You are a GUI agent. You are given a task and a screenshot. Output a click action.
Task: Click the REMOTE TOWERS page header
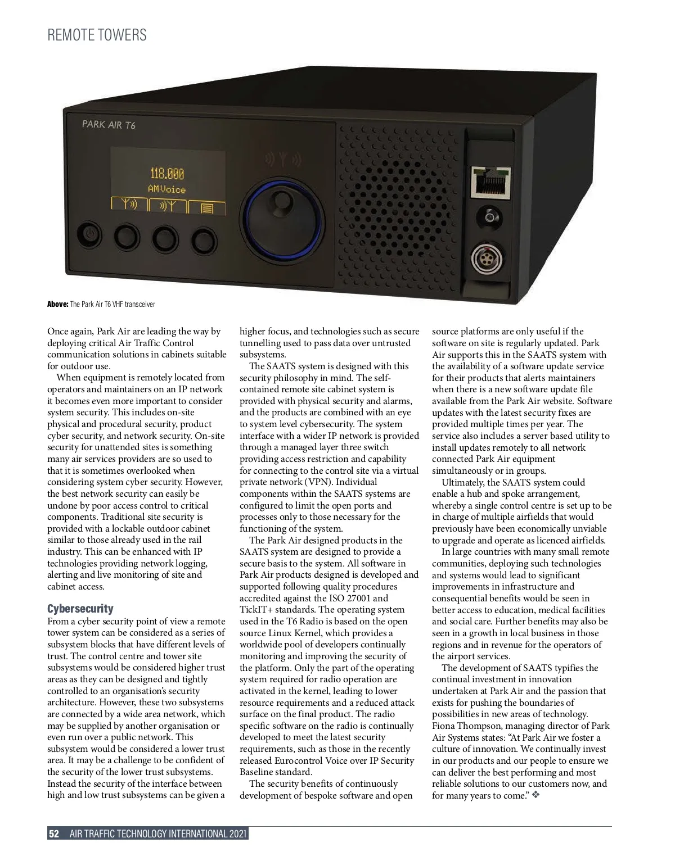97,35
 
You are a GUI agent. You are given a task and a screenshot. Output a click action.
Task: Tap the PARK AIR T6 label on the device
109,124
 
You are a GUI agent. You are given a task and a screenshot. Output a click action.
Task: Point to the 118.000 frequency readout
166,174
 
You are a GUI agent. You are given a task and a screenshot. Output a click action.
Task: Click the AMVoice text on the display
166,189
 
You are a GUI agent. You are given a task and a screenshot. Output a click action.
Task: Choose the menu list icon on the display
206,208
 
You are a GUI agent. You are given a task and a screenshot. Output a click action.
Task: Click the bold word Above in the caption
57,304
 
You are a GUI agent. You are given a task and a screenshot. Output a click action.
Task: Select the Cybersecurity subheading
80,609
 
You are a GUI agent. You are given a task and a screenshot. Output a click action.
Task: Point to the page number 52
54,833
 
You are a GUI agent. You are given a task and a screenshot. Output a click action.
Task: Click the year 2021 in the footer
238,833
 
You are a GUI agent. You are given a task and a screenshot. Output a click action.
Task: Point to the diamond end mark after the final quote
535,796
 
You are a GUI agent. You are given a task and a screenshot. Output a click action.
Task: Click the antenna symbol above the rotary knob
283,160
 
